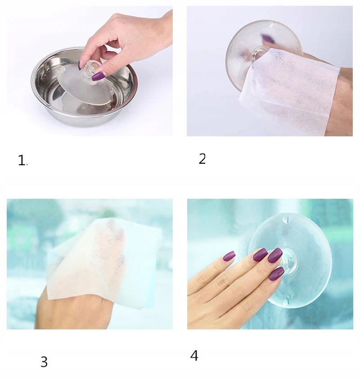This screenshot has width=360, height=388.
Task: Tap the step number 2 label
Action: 202,158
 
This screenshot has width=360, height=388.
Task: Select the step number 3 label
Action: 44,362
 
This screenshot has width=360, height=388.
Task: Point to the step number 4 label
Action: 194,356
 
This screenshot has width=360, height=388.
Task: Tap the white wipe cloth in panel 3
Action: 104,262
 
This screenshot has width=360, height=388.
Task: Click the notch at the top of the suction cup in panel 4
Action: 287,220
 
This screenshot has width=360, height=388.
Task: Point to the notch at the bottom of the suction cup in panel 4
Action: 288,301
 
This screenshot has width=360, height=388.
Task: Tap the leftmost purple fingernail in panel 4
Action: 229,256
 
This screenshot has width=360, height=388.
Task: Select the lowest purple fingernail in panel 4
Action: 276,273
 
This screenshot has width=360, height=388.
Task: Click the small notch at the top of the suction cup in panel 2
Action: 272,25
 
